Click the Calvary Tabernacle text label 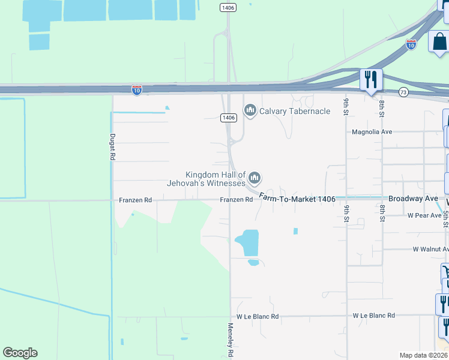coord(295,111)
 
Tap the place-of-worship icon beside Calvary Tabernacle coord(250,110)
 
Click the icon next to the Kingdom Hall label coord(255,178)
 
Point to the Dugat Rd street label coord(112,146)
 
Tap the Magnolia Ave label coord(372,131)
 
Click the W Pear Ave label coord(424,215)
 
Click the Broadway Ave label coord(414,198)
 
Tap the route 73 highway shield coord(403,92)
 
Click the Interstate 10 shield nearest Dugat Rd coord(137,89)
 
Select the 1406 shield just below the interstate coord(228,118)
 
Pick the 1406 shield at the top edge coord(228,7)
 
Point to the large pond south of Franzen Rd coord(247,242)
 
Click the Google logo coord(20,353)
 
